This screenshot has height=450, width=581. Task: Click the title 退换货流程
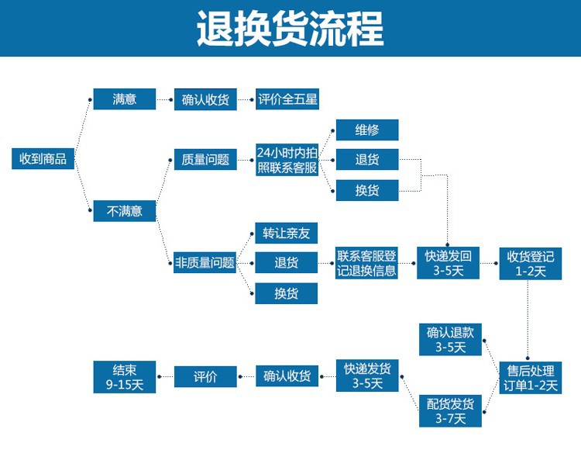(x=290, y=29)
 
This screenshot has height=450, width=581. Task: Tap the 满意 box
(x=125, y=99)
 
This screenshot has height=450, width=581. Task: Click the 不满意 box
(x=125, y=210)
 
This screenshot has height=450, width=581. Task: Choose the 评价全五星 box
(x=287, y=99)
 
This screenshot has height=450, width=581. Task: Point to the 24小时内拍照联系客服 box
(x=287, y=160)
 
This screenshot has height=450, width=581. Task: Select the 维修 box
(x=366, y=130)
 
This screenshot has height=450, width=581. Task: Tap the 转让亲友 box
(x=287, y=233)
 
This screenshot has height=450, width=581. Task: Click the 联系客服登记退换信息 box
(x=366, y=262)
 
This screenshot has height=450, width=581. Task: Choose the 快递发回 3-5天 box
(x=449, y=262)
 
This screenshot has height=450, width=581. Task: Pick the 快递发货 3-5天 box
(x=366, y=376)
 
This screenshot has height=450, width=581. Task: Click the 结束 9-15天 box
(x=124, y=376)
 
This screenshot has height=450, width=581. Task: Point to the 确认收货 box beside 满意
(x=205, y=99)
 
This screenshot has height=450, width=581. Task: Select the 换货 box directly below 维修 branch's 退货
(x=366, y=190)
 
